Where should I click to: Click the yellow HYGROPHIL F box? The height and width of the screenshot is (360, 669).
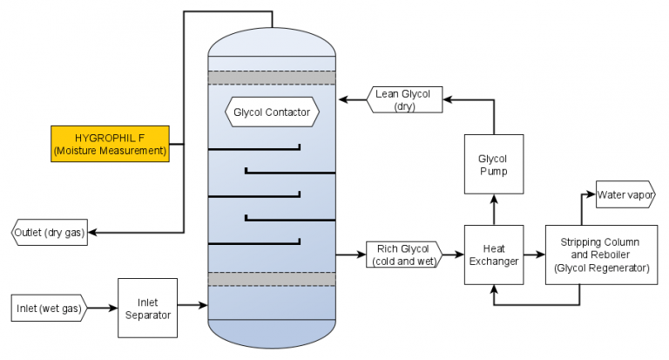point(108,144)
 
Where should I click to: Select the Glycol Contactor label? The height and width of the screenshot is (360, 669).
point(273,112)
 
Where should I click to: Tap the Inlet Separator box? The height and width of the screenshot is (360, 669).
point(147,308)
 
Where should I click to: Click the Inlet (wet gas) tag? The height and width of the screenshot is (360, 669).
point(51,308)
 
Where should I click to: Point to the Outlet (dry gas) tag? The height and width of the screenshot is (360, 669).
point(50,233)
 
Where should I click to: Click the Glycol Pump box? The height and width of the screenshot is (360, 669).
point(493,165)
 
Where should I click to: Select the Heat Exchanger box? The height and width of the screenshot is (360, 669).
point(493,254)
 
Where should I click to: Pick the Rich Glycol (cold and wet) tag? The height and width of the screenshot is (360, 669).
point(402,254)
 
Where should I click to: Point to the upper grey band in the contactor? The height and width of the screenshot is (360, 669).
point(272,78)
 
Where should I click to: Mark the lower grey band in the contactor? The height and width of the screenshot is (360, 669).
point(272,278)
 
